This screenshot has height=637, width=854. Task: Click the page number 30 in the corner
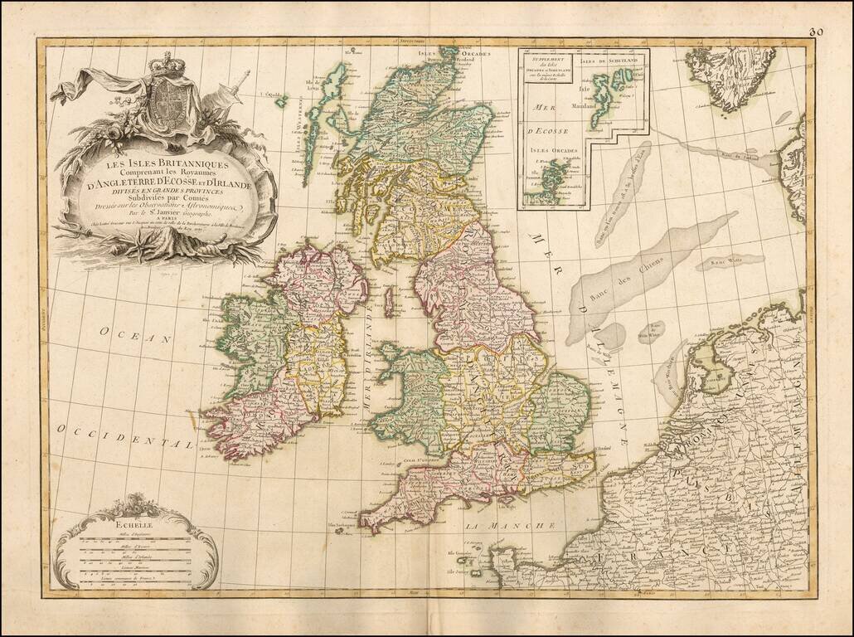coord(816,32)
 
